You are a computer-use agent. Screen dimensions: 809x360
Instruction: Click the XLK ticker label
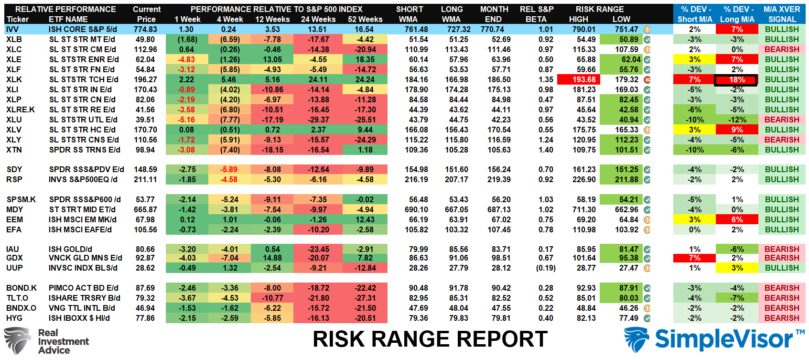(14, 79)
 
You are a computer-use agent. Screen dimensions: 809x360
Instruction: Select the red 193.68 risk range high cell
(578, 79)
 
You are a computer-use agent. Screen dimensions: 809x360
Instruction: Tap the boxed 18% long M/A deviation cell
(736, 80)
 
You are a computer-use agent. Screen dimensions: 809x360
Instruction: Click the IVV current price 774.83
(145, 29)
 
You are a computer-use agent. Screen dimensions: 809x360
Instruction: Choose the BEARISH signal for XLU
(782, 120)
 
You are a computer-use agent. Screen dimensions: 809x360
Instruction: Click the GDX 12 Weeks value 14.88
(272, 258)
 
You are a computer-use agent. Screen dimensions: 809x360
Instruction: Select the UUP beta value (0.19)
(545, 268)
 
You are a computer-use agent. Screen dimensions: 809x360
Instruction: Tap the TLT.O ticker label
(17, 298)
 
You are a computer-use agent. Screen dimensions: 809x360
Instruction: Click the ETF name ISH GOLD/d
(70, 250)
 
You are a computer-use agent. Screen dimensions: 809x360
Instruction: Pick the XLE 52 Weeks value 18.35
(365, 60)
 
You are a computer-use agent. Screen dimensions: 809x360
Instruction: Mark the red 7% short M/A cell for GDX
(694, 258)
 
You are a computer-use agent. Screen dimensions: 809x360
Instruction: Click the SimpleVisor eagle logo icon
(636, 339)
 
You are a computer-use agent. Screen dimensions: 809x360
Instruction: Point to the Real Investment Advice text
(64, 341)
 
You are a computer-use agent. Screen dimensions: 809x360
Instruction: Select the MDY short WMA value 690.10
(416, 209)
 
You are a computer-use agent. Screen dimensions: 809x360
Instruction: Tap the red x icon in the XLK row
(647, 79)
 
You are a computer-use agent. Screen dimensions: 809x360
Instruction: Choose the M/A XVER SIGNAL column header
(782, 14)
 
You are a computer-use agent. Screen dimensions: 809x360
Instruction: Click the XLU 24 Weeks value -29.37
(318, 120)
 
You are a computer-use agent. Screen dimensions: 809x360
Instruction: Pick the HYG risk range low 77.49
(629, 318)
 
